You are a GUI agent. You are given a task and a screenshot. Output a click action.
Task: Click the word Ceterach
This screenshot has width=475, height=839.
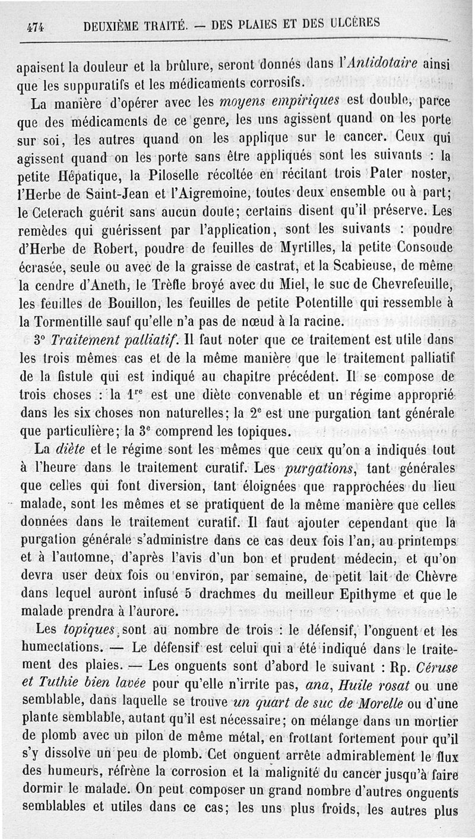click(x=60, y=210)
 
